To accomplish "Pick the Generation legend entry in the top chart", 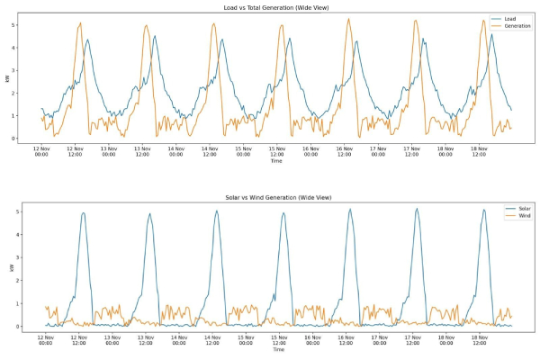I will (x=516, y=27).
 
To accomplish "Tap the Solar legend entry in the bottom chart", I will (x=512, y=208).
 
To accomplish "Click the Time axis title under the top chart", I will (x=275, y=162).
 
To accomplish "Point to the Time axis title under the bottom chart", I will (x=275, y=351).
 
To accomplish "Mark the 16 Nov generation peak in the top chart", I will (x=348, y=19).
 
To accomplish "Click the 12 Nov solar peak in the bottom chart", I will (x=83, y=213).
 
